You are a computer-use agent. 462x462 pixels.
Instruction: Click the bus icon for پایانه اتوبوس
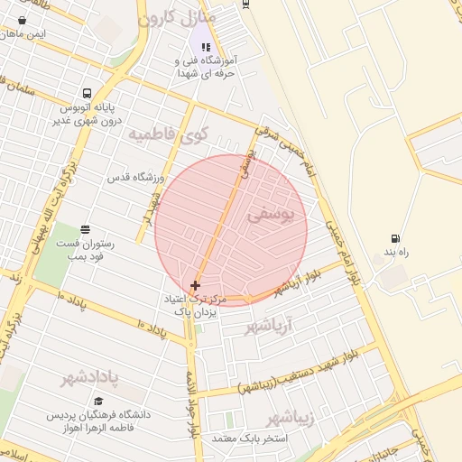(87, 93)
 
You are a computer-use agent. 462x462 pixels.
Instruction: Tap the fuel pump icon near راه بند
(394, 239)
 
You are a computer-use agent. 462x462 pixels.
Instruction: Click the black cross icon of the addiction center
(195, 285)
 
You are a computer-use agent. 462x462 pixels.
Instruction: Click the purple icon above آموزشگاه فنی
(206, 47)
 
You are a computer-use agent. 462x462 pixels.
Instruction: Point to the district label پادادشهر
(91, 377)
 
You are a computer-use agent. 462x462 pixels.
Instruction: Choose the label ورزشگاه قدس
(134, 178)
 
